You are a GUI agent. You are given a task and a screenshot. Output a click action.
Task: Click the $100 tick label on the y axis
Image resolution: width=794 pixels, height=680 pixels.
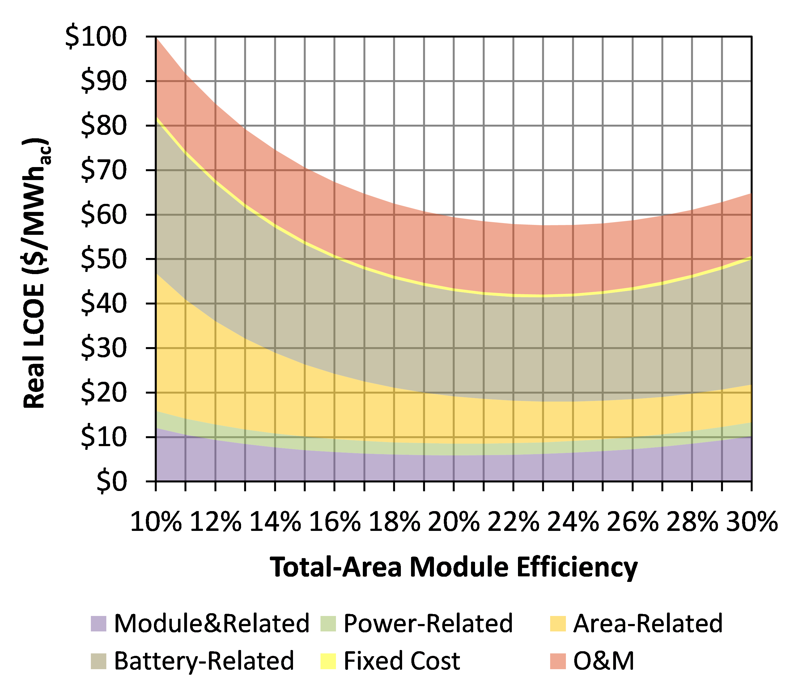coord(96,37)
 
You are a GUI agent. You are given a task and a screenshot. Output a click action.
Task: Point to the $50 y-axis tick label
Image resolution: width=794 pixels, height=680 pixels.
coord(104,260)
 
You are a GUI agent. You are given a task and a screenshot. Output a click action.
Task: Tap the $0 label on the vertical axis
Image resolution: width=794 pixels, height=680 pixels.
coord(111,482)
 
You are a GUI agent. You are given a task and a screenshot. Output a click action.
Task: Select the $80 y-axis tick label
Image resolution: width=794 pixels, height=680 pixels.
coord(104,126)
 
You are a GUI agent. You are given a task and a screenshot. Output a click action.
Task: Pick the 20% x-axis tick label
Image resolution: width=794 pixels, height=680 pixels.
coord(454,522)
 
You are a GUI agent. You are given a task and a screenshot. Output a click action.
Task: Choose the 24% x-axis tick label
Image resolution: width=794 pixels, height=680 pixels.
coord(573,522)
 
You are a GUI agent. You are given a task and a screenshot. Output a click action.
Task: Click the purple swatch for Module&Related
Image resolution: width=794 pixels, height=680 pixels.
coord(99,624)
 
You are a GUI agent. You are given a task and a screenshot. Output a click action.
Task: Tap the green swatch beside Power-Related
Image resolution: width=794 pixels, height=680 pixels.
coord(328,624)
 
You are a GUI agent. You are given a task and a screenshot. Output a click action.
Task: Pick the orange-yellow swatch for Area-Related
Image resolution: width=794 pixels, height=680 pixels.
coord(558,624)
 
